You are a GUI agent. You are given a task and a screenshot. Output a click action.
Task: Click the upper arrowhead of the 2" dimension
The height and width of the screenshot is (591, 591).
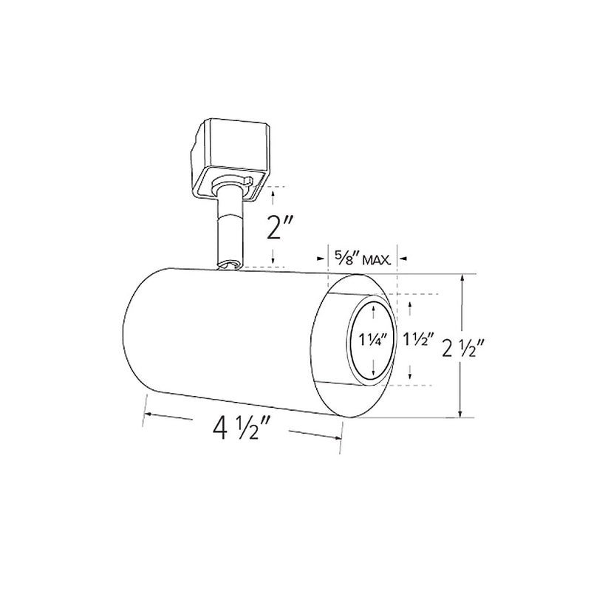pyautogui.click(x=274, y=191)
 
